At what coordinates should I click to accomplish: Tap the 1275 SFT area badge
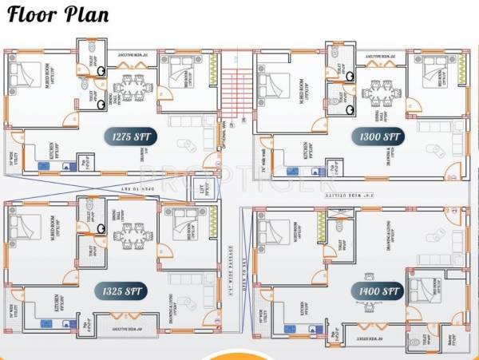pos(128,136)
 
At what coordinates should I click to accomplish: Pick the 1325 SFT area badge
pos(121,291)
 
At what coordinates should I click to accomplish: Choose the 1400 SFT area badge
pos(378,291)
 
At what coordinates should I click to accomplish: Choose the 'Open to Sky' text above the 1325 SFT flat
pos(117,185)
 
